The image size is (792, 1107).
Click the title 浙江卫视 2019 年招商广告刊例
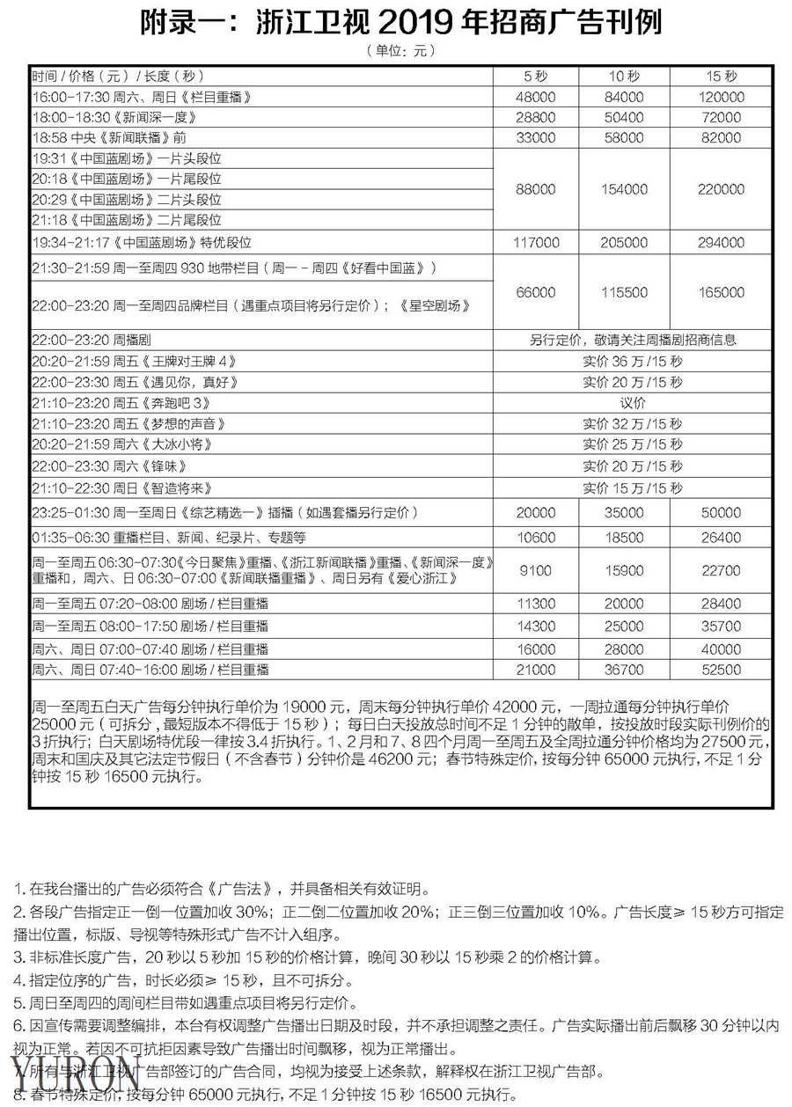400,23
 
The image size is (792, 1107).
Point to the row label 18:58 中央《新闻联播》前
109,138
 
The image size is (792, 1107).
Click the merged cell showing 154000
627,189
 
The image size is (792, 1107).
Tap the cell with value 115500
627,292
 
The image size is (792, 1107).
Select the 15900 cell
627,572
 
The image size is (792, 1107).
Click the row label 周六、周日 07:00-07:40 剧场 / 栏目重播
150,649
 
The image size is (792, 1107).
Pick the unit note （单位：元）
400,51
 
